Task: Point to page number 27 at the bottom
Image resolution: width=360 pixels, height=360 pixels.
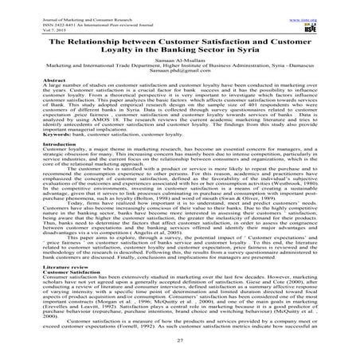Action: [x=179, y=342]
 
